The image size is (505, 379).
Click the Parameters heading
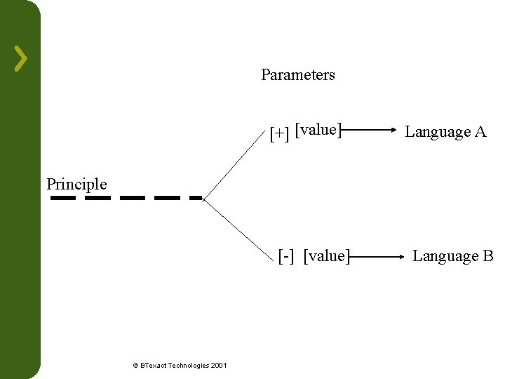[x=298, y=74]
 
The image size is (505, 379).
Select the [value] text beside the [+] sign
[x=318, y=130]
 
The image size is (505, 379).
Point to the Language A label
[x=445, y=131]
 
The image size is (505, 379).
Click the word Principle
[x=76, y=184]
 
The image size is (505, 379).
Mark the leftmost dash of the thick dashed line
[x=63, y=198]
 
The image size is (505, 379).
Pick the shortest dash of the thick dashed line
[x=196, y=198]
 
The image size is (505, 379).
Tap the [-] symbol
[x=285, y=255]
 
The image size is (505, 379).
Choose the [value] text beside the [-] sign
[x=326, y=255]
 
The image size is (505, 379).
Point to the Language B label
[x=453, y=255]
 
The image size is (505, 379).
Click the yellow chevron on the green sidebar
[x=21, y=58]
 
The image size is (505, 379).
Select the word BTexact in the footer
[x=154, y=365]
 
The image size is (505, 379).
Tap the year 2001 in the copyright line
[x=217, y=365]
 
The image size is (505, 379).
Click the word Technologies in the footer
[x=188, y=365]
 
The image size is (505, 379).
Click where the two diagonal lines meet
[x=203, y=199]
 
